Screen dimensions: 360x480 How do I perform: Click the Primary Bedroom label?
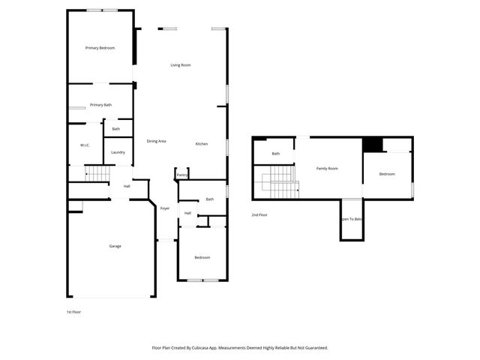coord(100,48)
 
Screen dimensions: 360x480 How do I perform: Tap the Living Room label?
coord(181,65)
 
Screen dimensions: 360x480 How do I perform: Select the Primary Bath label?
coord(100,105)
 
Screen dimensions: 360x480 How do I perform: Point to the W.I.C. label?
coord(85,145)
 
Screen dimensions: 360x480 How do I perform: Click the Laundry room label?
coord(118,152)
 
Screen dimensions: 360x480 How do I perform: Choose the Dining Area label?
coord(156,141)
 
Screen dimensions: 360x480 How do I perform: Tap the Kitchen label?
coord(202,144)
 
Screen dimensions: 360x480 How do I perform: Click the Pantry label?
coord(182,175)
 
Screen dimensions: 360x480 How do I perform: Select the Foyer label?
coord(165,208)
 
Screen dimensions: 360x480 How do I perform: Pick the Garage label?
coord(115,246)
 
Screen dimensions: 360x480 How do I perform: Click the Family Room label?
coord(327,169)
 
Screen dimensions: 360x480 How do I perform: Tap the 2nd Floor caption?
coord(259,215)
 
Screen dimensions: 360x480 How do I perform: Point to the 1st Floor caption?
coord(73,311)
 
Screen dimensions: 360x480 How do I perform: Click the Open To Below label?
coord(351,219)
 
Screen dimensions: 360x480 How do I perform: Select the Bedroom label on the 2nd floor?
coord(387,174)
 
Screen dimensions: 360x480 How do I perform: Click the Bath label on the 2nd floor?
coord(276,154)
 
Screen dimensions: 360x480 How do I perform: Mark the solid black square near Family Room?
coord(372,145)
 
